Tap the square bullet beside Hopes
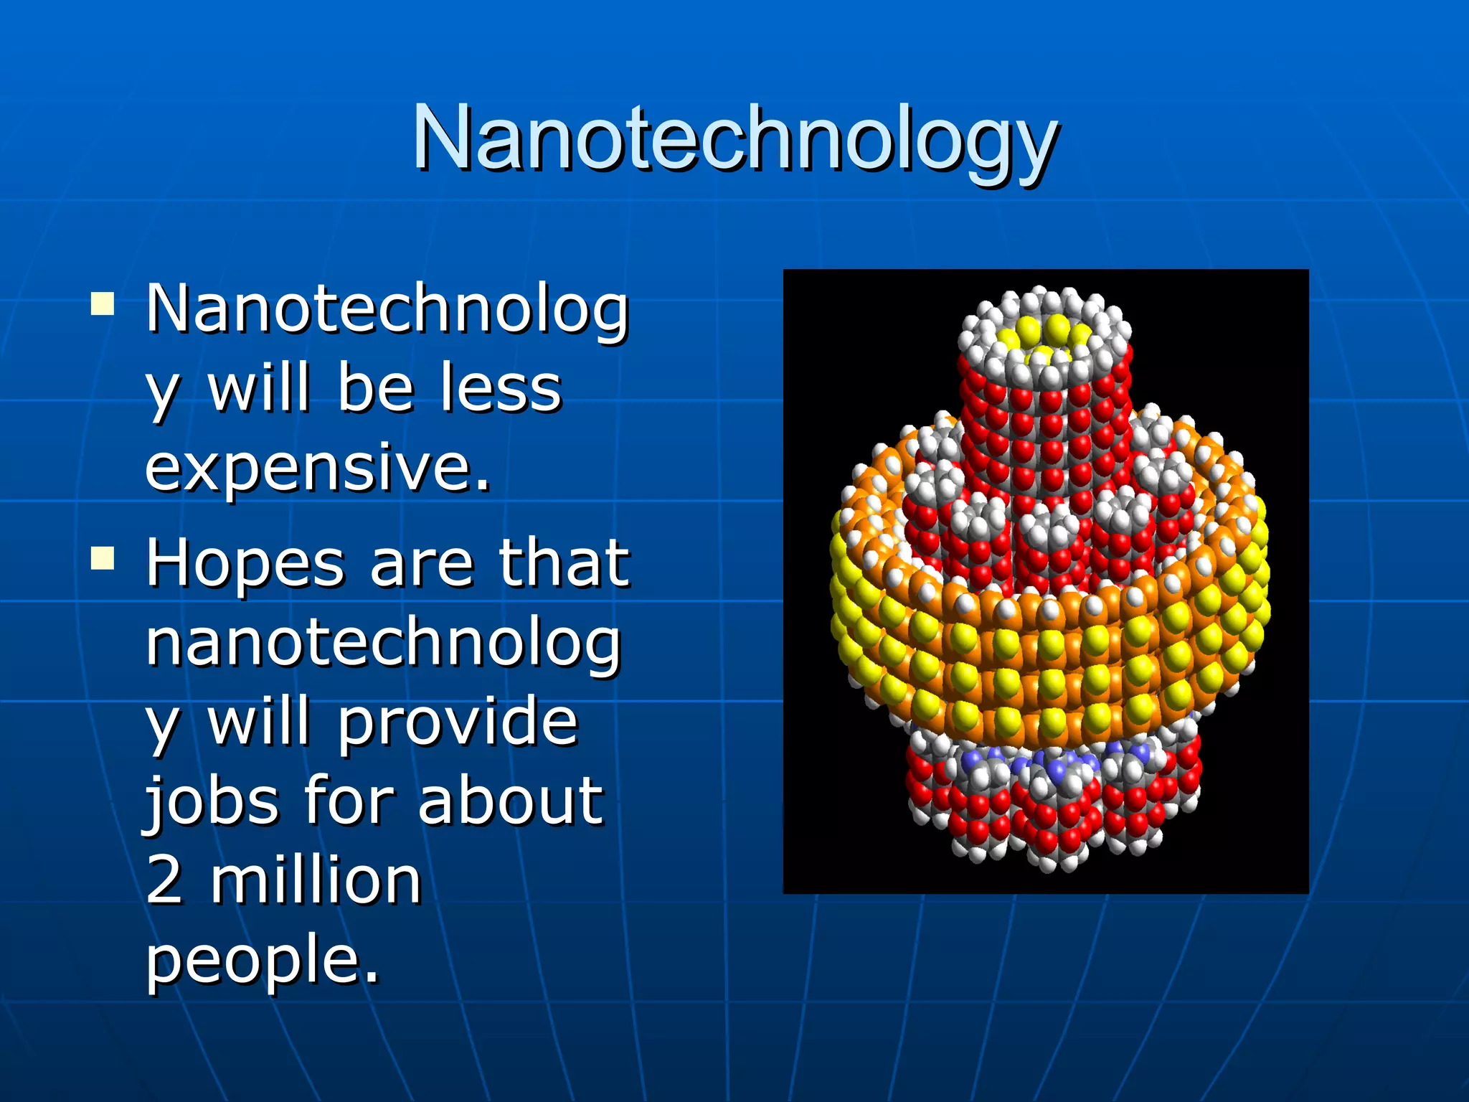coord(103,557)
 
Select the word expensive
coord(317,466)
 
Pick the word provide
coord(458,722)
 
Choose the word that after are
coord(564,563)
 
